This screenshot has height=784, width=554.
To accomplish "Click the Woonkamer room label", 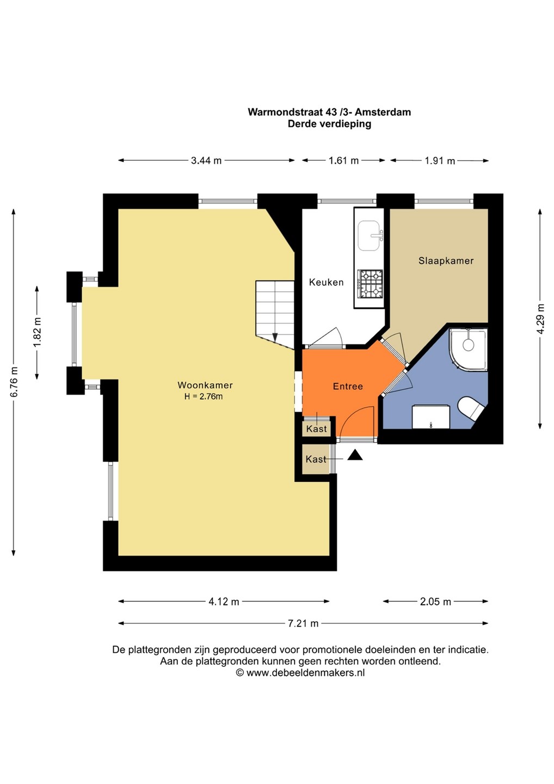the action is pos(205,385).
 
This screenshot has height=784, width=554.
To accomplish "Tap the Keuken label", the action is pos(326,282).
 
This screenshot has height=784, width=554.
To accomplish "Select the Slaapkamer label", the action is pos(446,261).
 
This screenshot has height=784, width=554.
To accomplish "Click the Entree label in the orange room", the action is pos(348,387).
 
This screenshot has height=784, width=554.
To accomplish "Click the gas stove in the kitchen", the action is pos(370,284).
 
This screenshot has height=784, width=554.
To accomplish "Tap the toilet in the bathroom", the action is pos(471,408).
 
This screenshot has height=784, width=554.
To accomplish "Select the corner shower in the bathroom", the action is pos(469,350).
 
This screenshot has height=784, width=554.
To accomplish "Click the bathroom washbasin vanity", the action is pos(430,416).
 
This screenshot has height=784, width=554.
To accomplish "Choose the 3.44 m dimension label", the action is pos(206,161).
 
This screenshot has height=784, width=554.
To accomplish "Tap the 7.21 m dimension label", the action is pos(303,623).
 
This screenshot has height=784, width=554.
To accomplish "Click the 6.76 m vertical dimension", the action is pos(14,382).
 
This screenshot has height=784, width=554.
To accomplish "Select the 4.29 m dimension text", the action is pos(541,319).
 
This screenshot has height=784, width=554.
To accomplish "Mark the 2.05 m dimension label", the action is pos(435,602).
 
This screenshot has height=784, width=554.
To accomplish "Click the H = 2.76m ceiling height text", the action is pos(204,396).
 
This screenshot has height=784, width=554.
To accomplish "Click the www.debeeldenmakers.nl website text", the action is pos(305,673).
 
